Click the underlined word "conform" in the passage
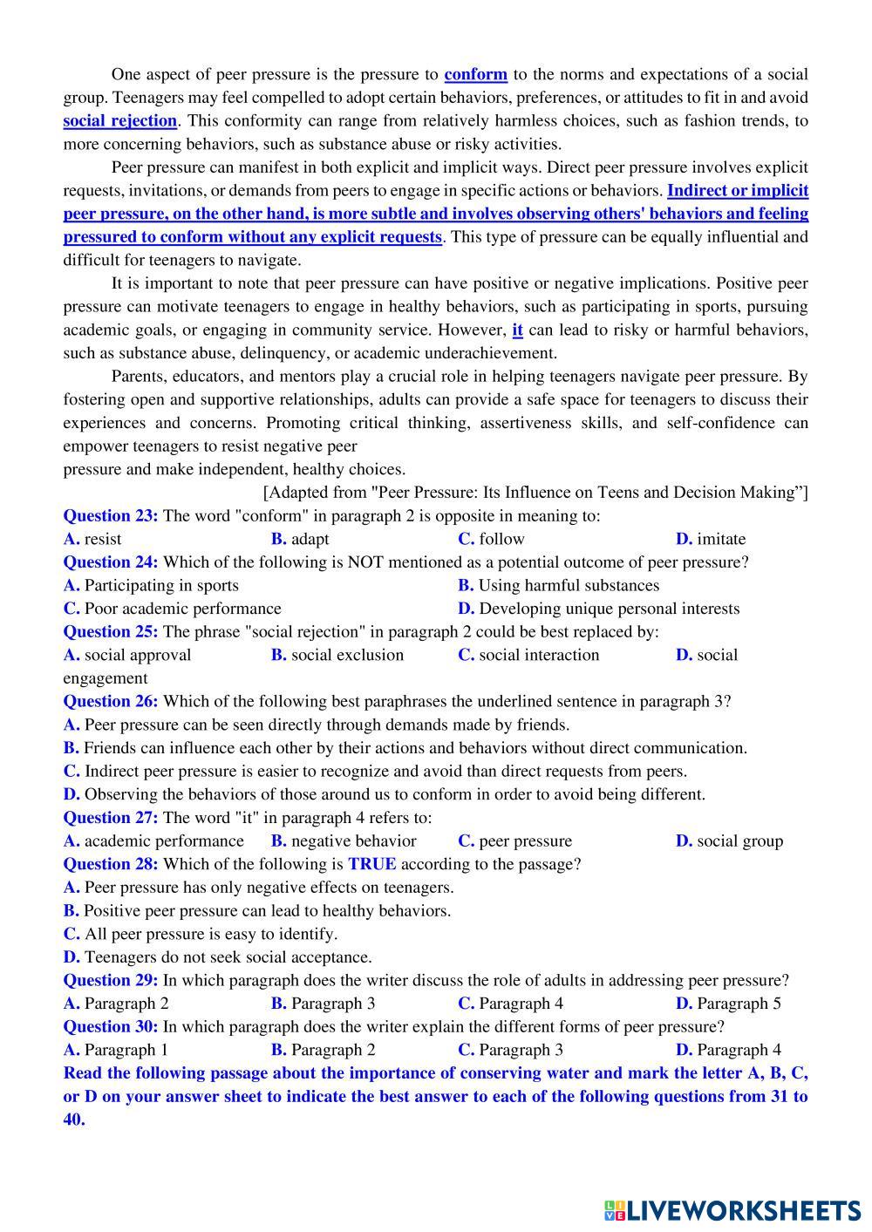pyautogui.click(x=475, y=74)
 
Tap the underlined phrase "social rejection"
pyautogui.click(x=119, y=120)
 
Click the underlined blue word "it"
pyautogui.click(x=517, y=330)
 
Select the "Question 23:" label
pyautogui.click(x=111, y=515)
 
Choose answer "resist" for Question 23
pyautogui.click(x=102, y=539)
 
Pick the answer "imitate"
pyautogui.click(x=720, y=539)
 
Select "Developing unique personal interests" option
pyautogui.click(x=609, y=609)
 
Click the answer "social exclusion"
pyautogui.click(x=347, y=655)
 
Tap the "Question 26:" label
pyautogui.click(x=111, y=701)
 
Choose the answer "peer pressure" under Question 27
pyautogui.click(x=525, y=841)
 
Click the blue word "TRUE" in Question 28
pyautogui.click(x=371, y=864)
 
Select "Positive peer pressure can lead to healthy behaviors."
pyautogui.click(x=267, y=910)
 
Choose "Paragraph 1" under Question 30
pyautogui.click(x=126, y=1050)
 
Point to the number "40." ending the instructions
pyautogui.click(x=74, y=1120)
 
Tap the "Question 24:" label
pyautogui.click(x=111, y=562)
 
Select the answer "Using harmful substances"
pyautogui.click(x=569, y=585)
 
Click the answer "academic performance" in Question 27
pyautogui.click(x=164, y=841)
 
